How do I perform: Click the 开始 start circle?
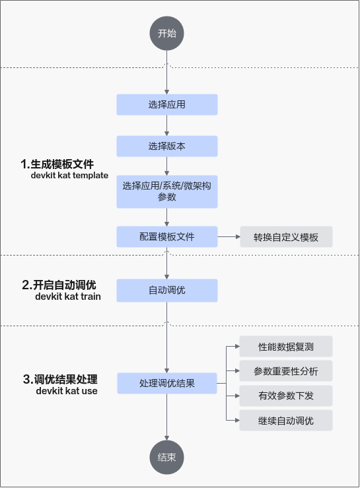(166, 33)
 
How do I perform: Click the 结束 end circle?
(166, 457)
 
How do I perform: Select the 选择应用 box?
(167, 104)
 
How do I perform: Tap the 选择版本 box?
(167, 147)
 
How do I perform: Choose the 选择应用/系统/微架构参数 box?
(167, 192)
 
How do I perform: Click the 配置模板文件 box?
(167, 237)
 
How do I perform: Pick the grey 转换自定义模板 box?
(286, 237)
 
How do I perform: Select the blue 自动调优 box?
(167, 291)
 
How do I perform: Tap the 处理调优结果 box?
(167, 383)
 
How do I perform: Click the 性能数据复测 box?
(286, 347)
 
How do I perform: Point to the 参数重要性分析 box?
(286, 371)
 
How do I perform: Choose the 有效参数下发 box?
(286, 396)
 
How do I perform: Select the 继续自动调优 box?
(286, 421)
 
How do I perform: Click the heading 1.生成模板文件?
(57, 164)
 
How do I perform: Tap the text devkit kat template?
(69, 175)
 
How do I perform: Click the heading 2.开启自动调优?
(59, 285)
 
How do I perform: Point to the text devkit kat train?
(68, 296)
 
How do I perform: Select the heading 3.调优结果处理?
(60, 379)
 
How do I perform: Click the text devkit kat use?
(67, 390)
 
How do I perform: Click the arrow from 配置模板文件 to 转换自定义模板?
(229, 237)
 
